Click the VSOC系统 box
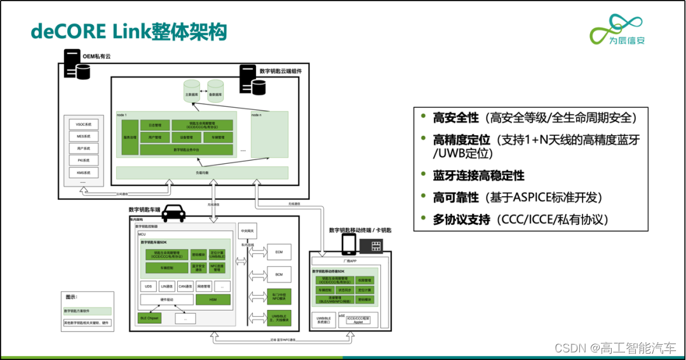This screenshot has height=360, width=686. click(84, 124)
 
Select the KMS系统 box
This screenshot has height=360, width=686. click(84, 172)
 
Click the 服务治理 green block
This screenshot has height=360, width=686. click(130, 137)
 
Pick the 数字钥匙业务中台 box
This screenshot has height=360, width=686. click(186, 150)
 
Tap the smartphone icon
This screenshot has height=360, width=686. click(349, 244)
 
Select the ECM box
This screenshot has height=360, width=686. click(279, 252)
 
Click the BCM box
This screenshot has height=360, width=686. click(279, 275)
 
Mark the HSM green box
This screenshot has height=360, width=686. click(213, 300)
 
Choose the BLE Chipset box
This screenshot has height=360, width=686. click(149, 318)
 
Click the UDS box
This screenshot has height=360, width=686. click(149, 286)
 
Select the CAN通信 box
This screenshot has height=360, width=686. click(185, 286)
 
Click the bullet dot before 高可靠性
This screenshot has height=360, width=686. click(423, 197)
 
